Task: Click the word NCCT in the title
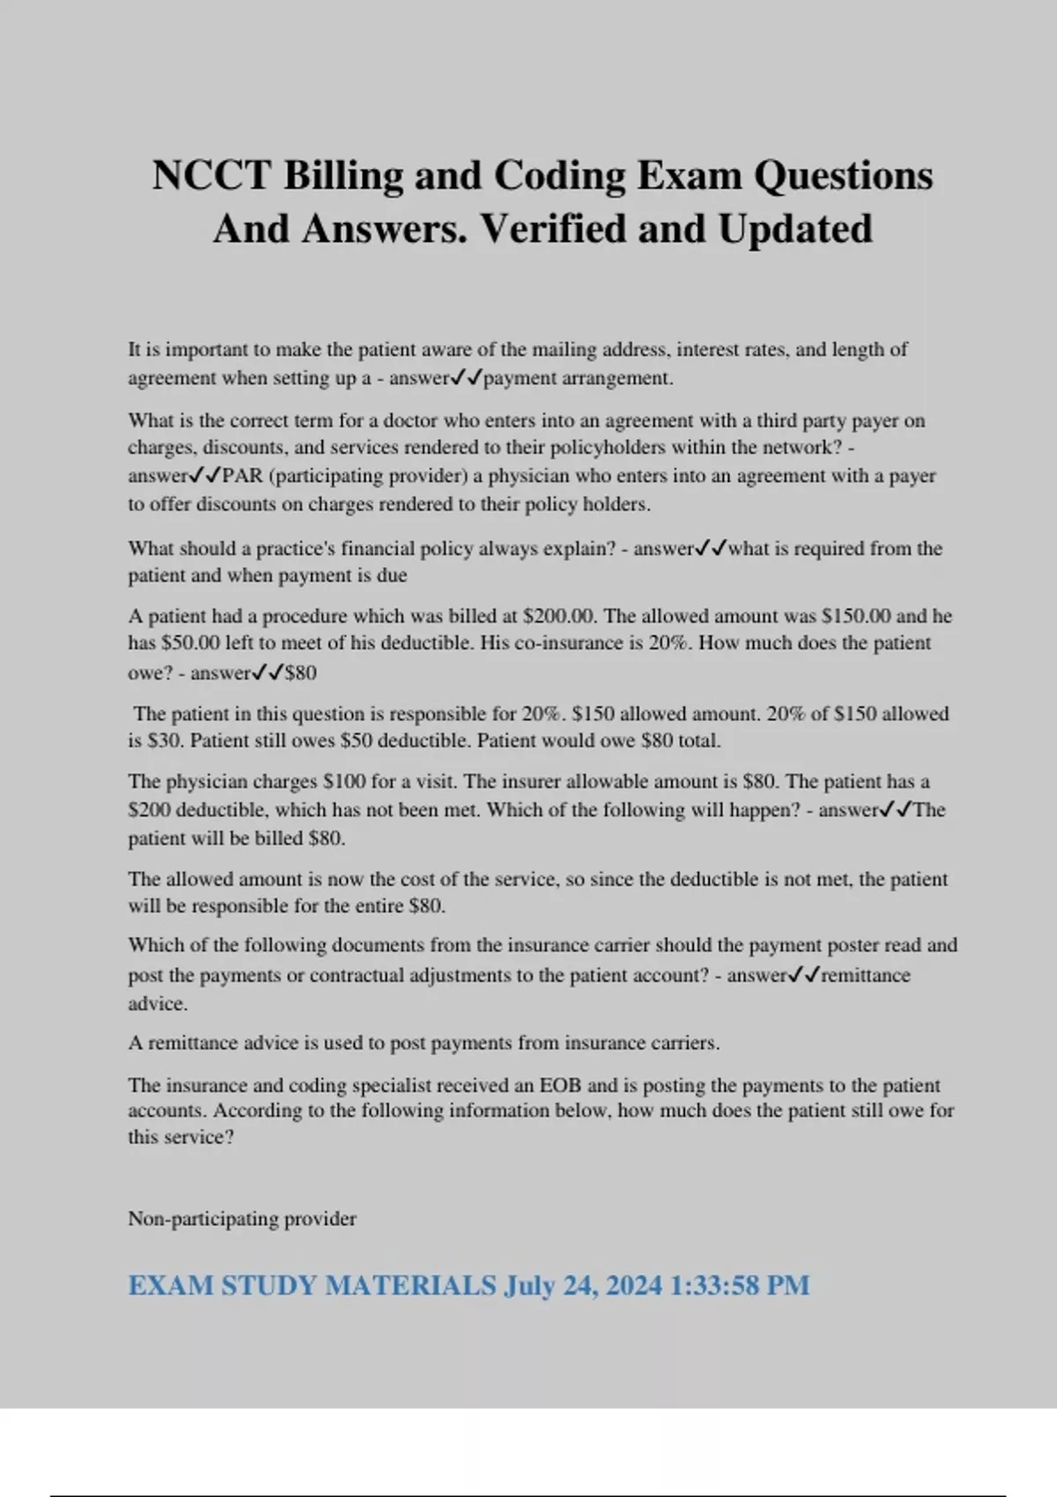click(x=211, y=175)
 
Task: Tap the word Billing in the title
click(x=343, y=175)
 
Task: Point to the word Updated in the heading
click(x=795, y=229)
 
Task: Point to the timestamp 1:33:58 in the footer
click(x=714, y=1286)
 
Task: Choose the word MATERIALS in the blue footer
click(x=411, y=1286)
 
